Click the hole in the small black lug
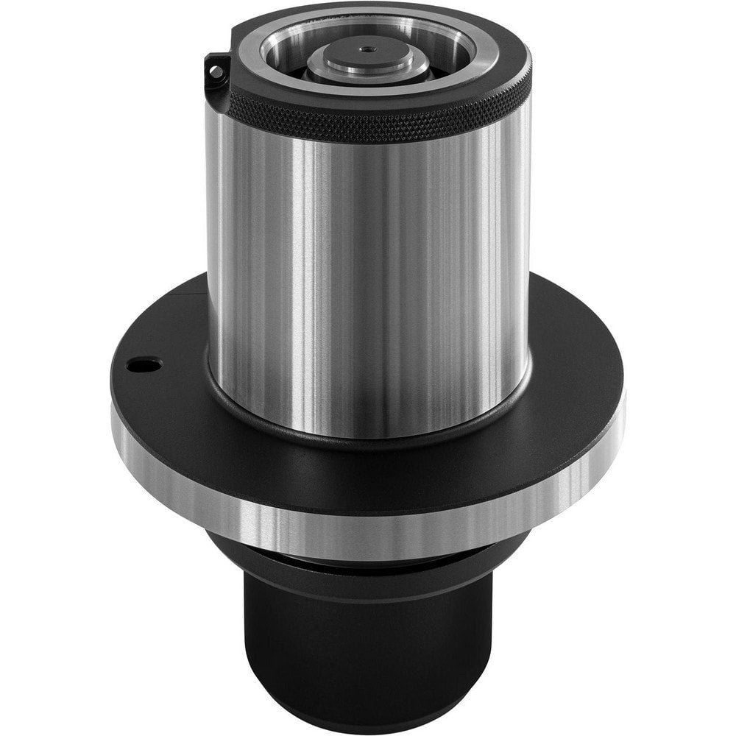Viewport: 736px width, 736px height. point(215,71)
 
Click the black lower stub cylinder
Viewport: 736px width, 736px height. point(368,648)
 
